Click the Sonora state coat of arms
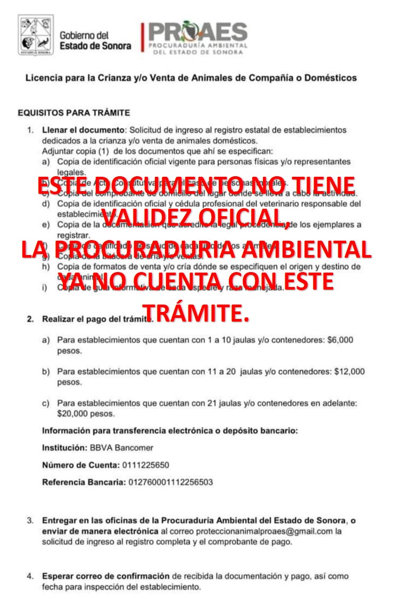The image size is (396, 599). [36, 36]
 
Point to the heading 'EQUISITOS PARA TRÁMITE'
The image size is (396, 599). [73, 113]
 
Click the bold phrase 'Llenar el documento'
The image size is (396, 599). [82, 130]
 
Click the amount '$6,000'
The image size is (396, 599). [341, 340]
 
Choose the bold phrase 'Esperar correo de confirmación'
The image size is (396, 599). [106, 576]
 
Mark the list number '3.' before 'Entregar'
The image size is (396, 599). [31, 520]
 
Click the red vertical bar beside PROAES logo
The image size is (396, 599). [142, 37]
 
